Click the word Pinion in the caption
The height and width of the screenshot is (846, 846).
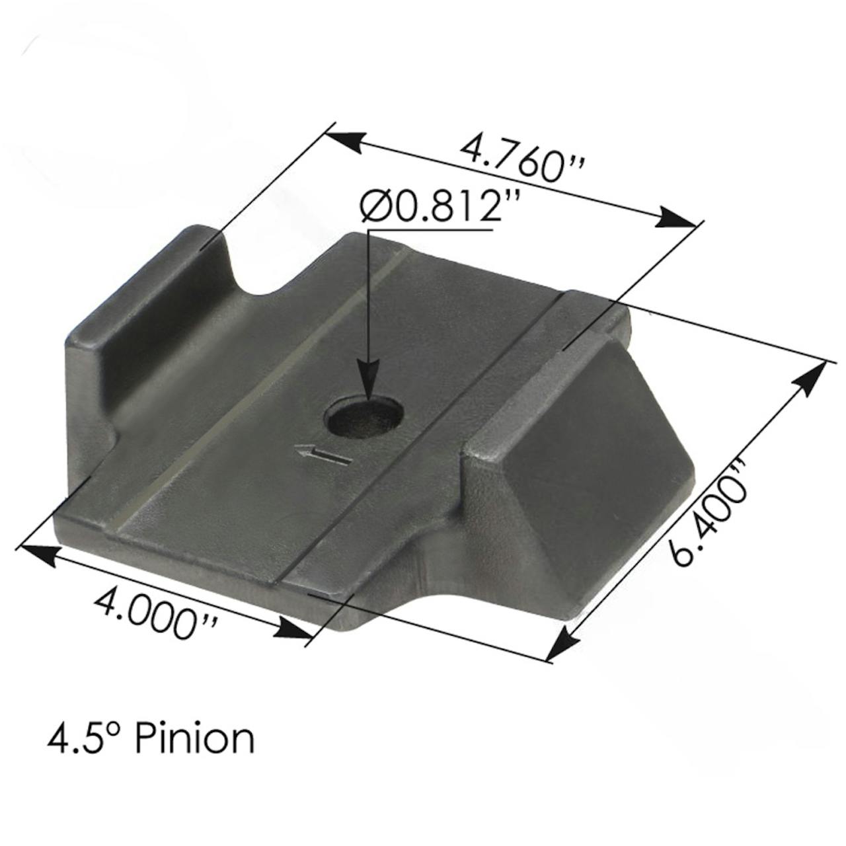click(x=194, y=738)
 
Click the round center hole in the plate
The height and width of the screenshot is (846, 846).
click(x=364, y=417)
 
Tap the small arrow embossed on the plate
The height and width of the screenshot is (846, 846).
click(x=323, y=455)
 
